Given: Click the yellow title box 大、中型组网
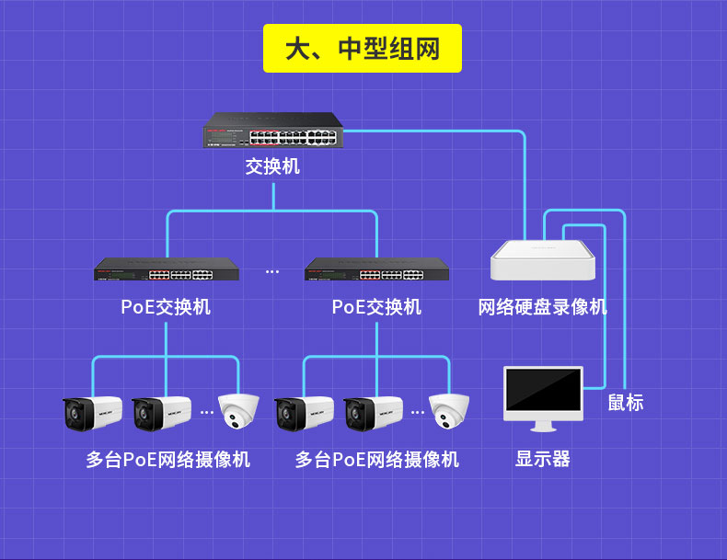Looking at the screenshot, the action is [x=362, y=48].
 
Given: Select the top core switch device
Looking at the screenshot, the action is [x=273, y=131].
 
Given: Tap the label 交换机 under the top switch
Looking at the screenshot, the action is [x=272, y=166].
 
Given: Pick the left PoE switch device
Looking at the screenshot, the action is [x=167, y=269].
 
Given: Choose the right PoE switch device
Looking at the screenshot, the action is [x=377, y=269].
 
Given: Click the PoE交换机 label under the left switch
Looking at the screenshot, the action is [x=166, y=307].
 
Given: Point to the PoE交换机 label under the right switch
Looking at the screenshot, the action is [x=376, y=307].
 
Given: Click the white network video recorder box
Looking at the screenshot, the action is [x=543, y=260].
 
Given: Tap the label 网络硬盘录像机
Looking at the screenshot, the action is [x=542, y=307].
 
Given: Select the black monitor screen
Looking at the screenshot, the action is [x=543, y=390].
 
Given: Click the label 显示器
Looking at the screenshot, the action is [x=543, y=459].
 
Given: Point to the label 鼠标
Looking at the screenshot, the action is [x=626, y=402].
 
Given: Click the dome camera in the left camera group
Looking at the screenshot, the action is [x=238, y=411].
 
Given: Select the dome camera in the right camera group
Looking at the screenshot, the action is [x=449, y=411].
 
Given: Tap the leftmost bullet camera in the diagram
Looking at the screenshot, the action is [x=92, y=413].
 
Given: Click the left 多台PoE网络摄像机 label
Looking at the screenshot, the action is [x=167, y=460].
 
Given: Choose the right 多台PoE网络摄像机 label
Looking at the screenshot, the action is [x=377, y=460].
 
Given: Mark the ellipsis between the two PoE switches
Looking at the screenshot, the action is [x=272, y=271].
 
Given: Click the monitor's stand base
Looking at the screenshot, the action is [x=543, y=429].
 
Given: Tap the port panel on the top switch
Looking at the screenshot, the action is [x=293, y=138].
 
